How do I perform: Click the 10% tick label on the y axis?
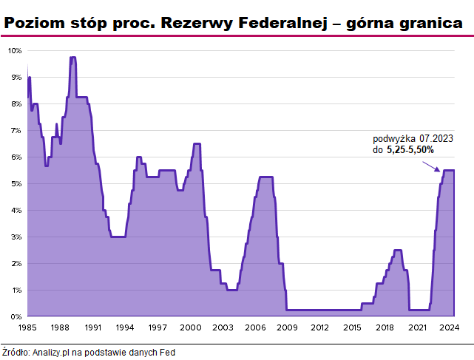15,50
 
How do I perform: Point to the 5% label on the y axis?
16,183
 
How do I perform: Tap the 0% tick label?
16,316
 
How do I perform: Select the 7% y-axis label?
16,130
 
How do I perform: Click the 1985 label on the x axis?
27,327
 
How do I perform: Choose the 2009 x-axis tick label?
287,327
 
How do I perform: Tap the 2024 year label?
450,327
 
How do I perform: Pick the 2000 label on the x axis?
189,327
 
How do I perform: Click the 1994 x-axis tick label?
125,327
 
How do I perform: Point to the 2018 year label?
385,327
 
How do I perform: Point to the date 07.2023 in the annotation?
436,138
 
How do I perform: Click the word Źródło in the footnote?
15,353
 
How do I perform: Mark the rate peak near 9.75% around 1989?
72,58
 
